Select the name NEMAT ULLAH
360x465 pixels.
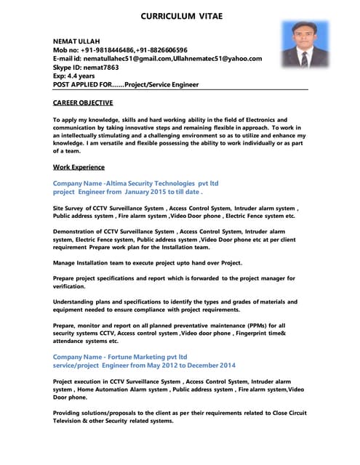click(76, 41)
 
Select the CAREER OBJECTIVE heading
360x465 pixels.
click(83, 103)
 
